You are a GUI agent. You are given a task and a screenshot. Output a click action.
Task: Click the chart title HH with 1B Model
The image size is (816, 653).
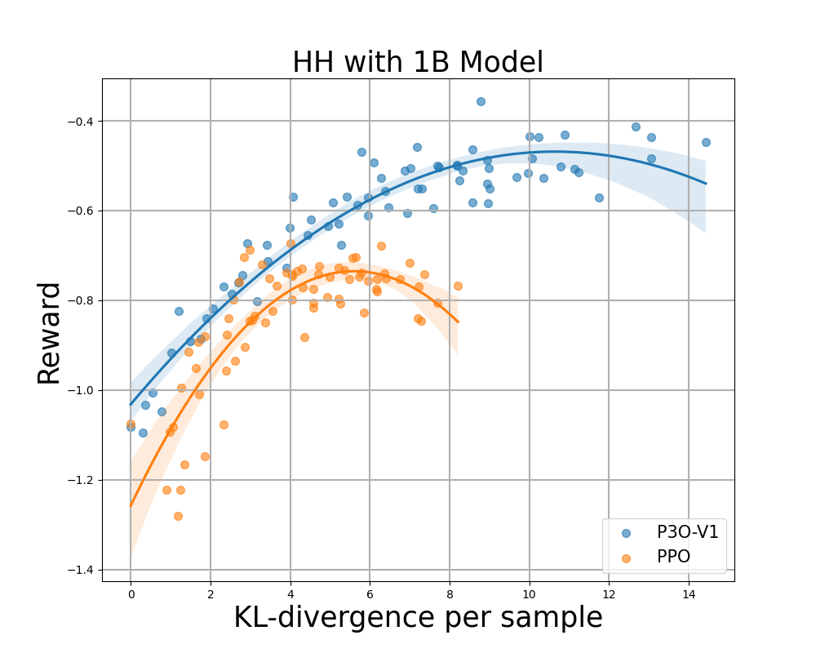tap(418, 63)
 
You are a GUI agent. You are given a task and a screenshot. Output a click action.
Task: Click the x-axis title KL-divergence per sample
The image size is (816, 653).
tap(418, 618)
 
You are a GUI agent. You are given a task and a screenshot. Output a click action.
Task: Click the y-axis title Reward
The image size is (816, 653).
tap(49, 332)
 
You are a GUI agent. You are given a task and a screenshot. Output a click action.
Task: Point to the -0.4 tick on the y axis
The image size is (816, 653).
tap(81, 122)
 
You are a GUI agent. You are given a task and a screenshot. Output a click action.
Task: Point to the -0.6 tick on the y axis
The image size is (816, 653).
tap(81, 211)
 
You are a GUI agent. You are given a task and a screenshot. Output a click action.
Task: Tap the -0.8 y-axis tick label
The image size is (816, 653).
tap(81, 300)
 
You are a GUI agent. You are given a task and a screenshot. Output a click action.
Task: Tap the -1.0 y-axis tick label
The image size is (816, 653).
tap(81, 390)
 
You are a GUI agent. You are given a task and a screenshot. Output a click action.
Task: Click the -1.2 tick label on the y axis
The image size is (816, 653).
tap(81, 480)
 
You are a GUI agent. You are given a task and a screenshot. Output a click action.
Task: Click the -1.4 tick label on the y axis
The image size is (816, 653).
tap(81, 570)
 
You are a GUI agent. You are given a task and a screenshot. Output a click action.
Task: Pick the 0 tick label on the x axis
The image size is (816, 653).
tap(131, 594)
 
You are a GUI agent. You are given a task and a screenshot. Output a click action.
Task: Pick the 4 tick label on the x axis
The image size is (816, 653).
tap(290, 594)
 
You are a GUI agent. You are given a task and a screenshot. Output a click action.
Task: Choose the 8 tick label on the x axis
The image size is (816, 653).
tap(450, 594)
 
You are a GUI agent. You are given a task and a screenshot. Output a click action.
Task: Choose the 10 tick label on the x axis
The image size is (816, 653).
tap(529, 594)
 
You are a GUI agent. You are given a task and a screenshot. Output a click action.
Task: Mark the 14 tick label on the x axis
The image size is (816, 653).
tap(689, 594)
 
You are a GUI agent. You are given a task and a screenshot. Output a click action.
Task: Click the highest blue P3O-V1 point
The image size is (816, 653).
tap(481, 101)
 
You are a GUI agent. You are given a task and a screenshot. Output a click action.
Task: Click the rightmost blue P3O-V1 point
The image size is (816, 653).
tap(706, 142)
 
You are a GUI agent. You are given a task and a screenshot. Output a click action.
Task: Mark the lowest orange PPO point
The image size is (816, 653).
tap(178, 516)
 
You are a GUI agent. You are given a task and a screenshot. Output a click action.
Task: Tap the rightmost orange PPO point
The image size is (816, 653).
tap(458, 286)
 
